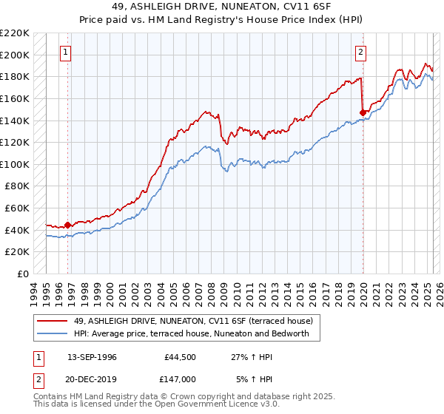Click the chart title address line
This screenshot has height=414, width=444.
[221, 8]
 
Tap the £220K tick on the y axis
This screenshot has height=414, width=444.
[16, 33]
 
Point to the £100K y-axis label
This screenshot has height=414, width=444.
[16, 164]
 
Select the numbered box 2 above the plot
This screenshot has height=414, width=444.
[360, 52]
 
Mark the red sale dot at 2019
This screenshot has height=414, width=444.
[363, 112]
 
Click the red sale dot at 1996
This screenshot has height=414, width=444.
[68, 225]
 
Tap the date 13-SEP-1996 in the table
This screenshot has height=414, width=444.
[92, 356]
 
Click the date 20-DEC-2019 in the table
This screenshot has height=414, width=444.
[92, 379]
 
